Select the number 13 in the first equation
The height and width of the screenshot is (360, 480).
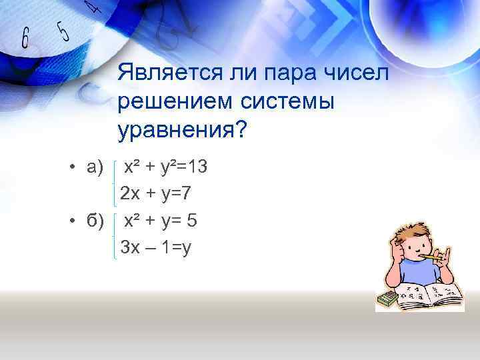(198, 167)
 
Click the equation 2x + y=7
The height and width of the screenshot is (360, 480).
(156, 194)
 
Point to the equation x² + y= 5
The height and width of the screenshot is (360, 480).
(161, 221)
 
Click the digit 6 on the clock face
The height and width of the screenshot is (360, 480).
(25, 38)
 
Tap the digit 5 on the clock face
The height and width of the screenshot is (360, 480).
(63, 29)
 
